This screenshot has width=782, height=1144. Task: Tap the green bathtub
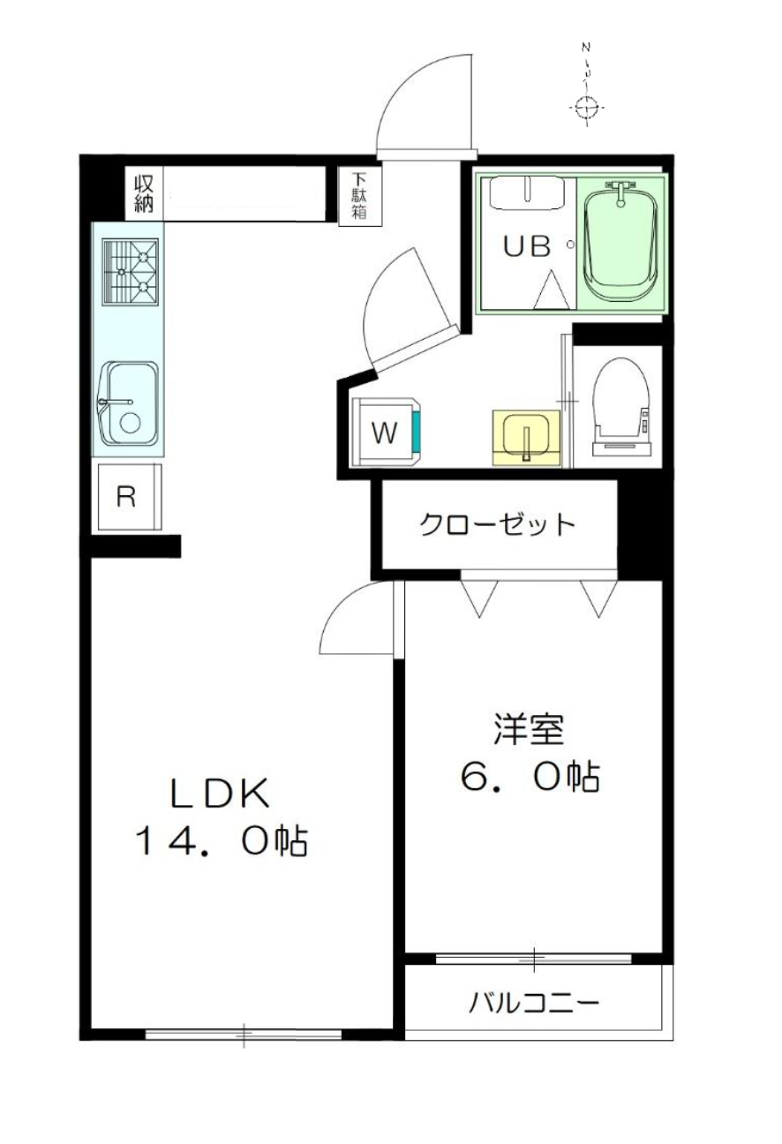coord(620,242)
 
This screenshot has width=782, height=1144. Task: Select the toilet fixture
coord(621,407)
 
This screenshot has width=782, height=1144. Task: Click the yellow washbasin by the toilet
coord(527,438)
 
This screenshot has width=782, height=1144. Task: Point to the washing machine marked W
coord(387,432)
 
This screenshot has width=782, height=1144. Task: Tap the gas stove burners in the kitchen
coord(131,272)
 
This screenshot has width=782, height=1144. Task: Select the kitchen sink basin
coord(129,403)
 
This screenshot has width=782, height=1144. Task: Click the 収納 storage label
coord(144,194)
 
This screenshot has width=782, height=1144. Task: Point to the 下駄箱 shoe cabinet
coord(360,197)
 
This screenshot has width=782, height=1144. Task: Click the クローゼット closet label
coord(497,524)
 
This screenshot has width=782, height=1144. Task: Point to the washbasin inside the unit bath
coord(527,193)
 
